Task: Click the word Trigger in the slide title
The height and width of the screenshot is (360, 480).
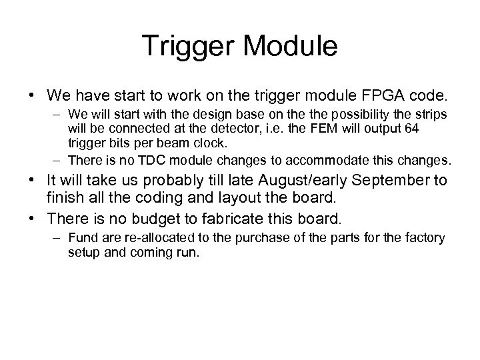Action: point(185,46)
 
